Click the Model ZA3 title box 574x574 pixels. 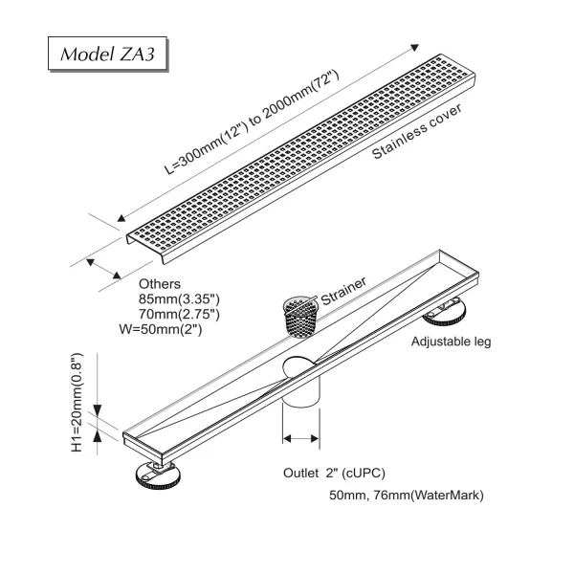108,54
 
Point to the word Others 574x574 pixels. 159,284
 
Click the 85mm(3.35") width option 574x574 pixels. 180,299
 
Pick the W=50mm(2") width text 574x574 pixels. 166,329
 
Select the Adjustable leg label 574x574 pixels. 452,342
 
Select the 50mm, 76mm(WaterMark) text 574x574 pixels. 407,496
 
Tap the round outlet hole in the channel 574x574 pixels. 300,368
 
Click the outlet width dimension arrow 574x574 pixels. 300,439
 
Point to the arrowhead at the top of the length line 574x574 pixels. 415,47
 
